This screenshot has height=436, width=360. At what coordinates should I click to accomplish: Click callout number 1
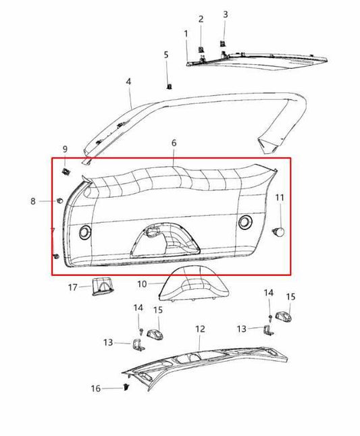point(186,33)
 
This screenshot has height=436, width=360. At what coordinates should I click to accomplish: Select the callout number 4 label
point(128,81)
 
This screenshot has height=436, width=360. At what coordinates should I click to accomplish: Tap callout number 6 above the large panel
point(174,143)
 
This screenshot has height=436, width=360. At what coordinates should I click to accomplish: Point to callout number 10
point(142,284)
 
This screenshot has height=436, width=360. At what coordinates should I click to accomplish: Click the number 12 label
point(200,329)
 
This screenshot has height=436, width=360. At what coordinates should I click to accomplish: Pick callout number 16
point(96,388)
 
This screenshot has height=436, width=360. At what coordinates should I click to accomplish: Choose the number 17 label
point(72,288)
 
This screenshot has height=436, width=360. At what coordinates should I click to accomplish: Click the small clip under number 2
point(201,49)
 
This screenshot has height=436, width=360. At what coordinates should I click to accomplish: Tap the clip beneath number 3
point(222,45)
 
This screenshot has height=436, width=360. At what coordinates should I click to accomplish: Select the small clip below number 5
point(169,86)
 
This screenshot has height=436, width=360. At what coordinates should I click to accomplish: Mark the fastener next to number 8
point(61,200)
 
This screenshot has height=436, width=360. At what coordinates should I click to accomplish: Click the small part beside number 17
point(99,286)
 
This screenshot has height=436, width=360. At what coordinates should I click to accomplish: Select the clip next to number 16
point(126,385)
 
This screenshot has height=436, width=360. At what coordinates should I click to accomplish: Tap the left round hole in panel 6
point(85,231)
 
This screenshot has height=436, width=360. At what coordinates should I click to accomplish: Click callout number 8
point(32,200)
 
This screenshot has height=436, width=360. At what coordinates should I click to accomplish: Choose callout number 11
point(280,198)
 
